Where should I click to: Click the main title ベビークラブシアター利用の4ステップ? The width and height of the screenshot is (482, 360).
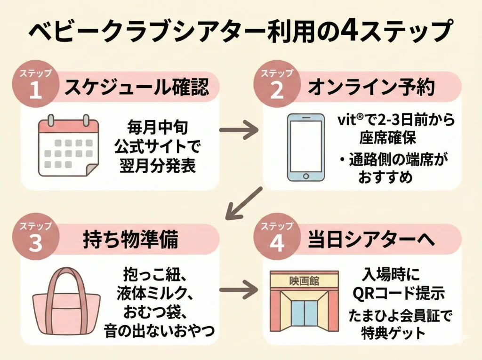pyautogui.click(x=241, y=32)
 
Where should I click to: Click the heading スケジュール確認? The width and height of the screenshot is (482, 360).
pyautogui.click(x=136, y=88)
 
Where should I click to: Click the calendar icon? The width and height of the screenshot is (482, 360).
pyautogui.click(x=68, y=145)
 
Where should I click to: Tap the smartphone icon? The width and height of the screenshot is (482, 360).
pyautogui.click(x=305, y=147)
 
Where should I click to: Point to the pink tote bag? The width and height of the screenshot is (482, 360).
pyautogui.click(x=66, y=304)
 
